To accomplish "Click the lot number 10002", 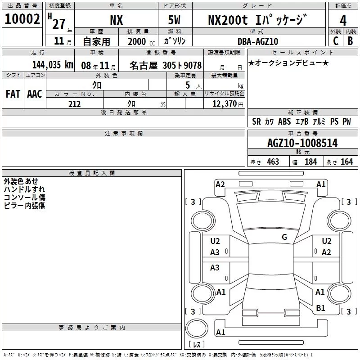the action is tap(22, 19).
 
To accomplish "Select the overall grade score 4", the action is tap(343, 20).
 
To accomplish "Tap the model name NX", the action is tap(117, 20).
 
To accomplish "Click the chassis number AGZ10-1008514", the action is tap(302, 144).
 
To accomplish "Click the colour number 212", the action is tap(75, 104).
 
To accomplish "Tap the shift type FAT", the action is tap(13, 94).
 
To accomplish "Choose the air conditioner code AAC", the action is tap(34, 94).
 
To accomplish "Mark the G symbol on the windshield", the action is tap(284, 237).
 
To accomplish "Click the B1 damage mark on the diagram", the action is tap(320, 308).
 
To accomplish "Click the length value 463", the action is tap(273, 162).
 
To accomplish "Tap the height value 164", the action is tap(346, 162).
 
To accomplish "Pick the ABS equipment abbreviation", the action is tap(284, 121).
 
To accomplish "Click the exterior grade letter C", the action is tap(335, 41).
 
